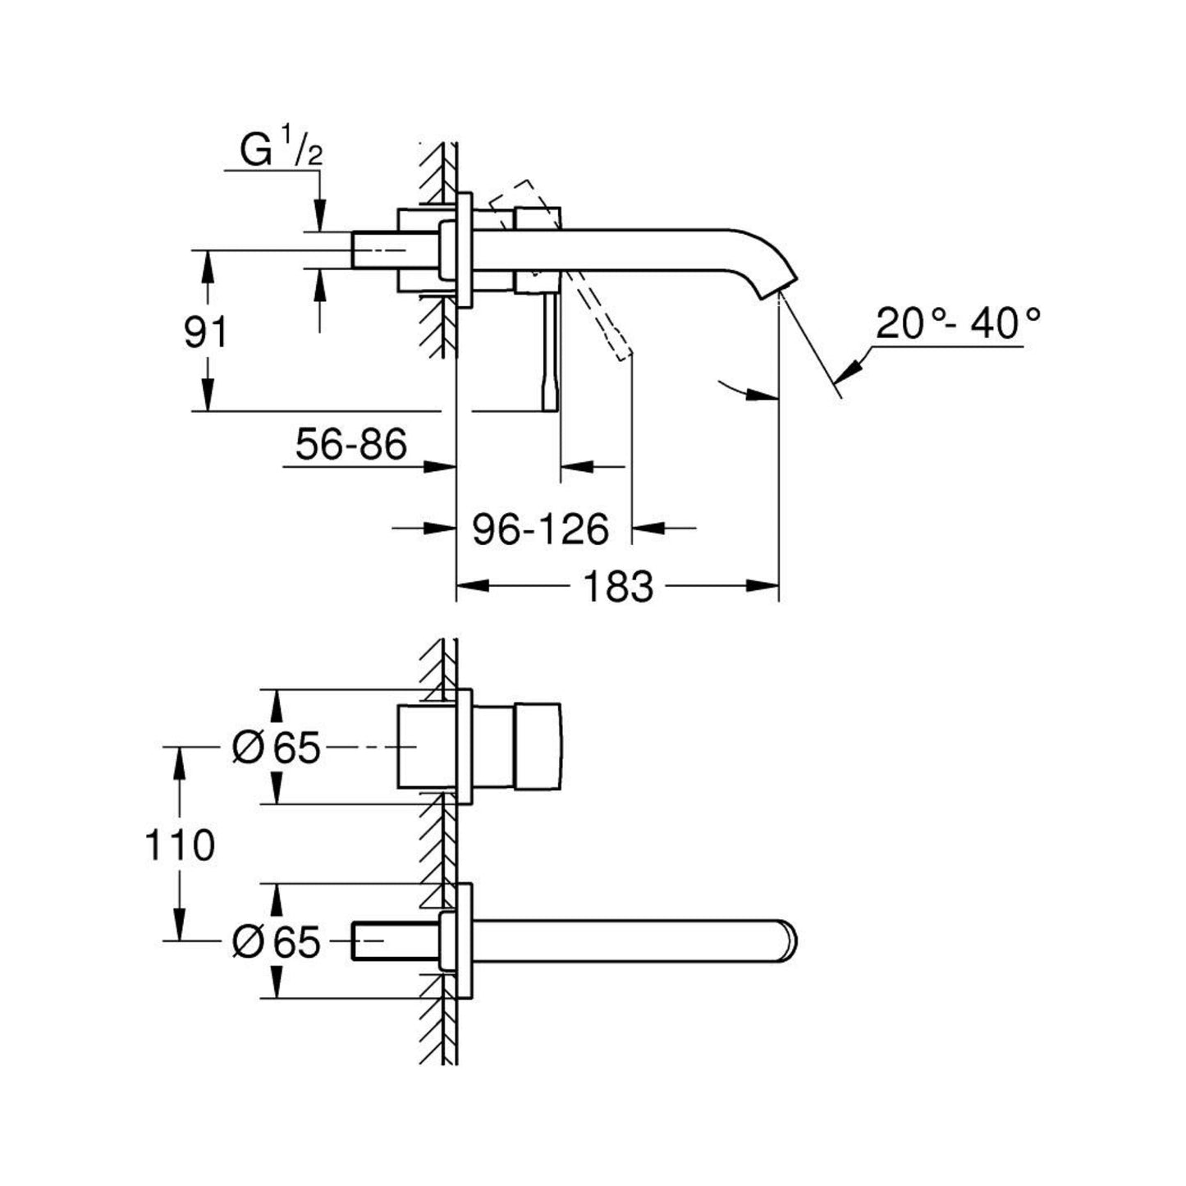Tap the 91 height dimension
205,333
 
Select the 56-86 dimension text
351,445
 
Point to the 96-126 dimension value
540,529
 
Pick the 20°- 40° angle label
957,324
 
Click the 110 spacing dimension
180,845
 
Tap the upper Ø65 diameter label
276,748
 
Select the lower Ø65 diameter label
276,941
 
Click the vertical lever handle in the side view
549,353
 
